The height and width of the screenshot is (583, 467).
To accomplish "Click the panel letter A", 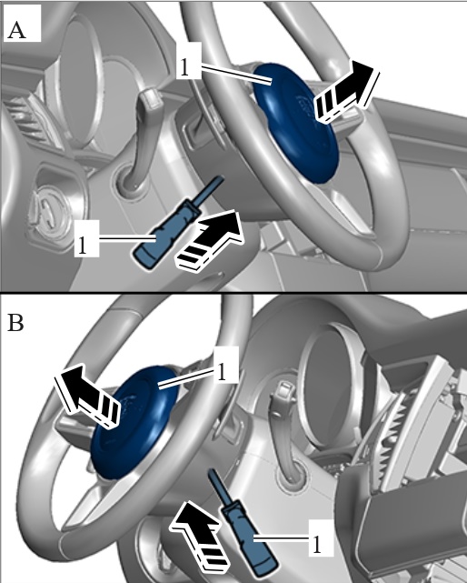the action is coord(16,30).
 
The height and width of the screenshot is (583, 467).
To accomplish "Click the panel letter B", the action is coord(15,323).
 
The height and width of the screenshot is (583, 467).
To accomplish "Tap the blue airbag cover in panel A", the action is coord(296,123).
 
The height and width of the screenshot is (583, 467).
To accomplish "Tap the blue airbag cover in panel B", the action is coord(134,422).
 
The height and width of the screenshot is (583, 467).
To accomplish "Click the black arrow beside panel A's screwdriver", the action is coord(210,239).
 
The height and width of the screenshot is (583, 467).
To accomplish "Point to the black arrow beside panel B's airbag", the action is coord(87,396).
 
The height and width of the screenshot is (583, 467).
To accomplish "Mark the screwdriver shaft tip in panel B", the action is coord(212,471).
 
